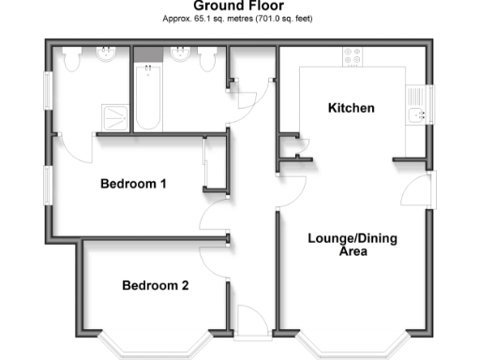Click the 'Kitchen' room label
pyautogui.click(x=351, y=109)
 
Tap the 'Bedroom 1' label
pyautogui.click(x=133, y=184)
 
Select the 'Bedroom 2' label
pyautogui.click(x=156, y=285)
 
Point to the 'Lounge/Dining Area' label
pyautogui.click(x=352, y=245)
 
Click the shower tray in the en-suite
pyautogui.click(x=116, y=114)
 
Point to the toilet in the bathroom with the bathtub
pyautogui.click(x=209, y=58)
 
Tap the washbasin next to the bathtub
pyautogui.click(x=180, y=56)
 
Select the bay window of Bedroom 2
pyautogui.click(x=155, y=345)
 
